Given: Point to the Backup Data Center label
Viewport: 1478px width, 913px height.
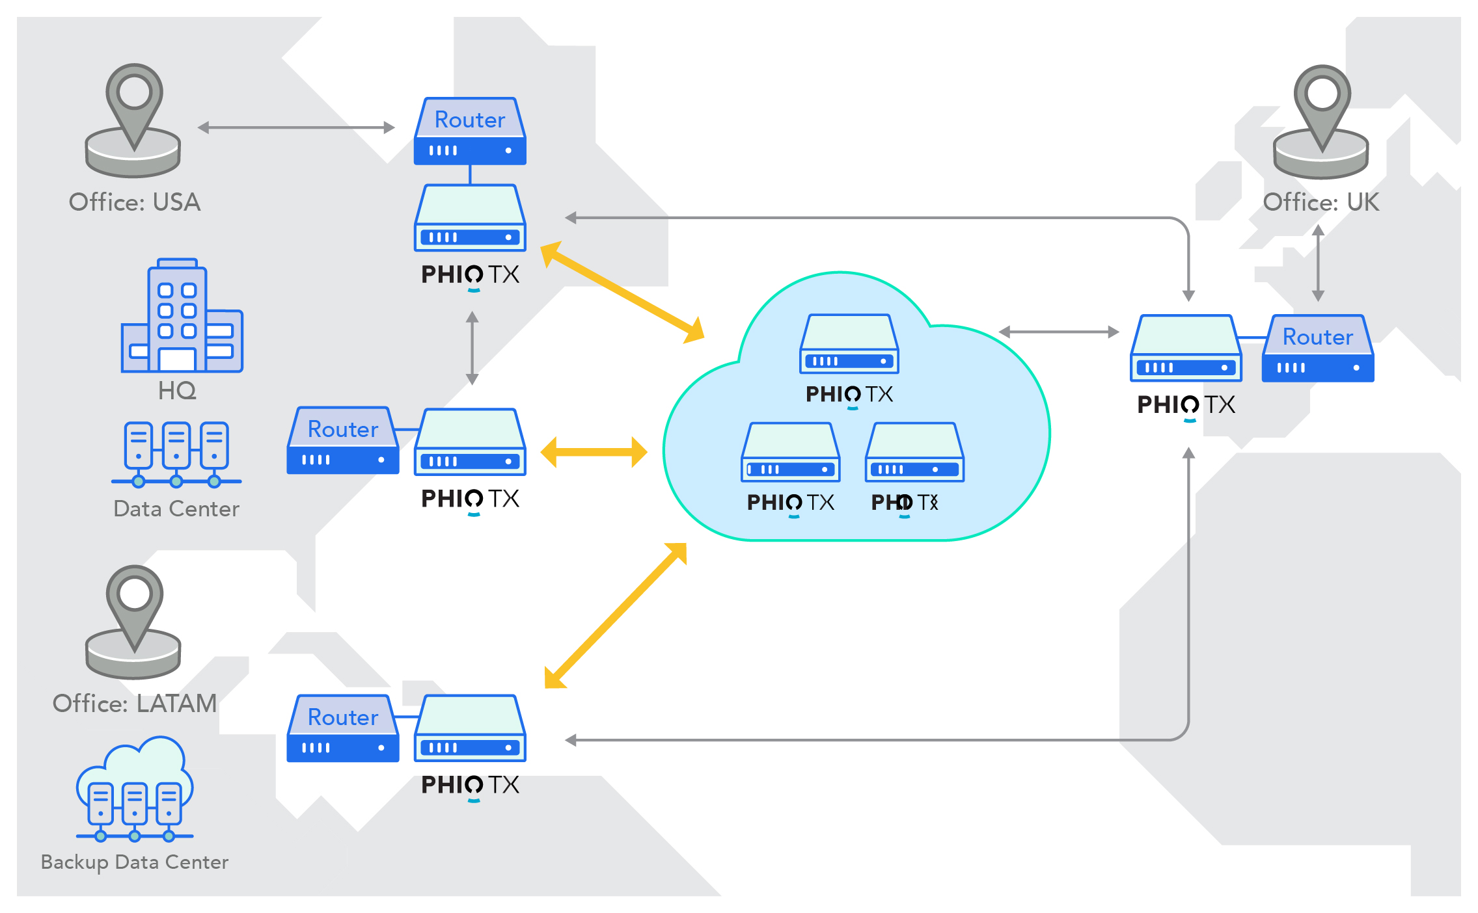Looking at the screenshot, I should point(135,862).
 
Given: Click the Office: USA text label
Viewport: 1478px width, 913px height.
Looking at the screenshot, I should point(135,202).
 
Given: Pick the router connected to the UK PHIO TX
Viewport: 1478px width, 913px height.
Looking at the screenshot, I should point(1318,349).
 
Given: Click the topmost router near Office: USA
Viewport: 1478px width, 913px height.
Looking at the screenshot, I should point(470,131).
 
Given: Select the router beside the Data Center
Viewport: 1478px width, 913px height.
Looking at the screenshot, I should point(343,441).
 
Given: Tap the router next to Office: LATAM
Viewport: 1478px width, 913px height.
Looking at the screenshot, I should point(343,728).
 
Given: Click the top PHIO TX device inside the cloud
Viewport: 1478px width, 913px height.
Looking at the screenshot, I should point(849,344).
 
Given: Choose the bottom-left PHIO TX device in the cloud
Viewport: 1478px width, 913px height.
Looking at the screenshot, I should point(791,453).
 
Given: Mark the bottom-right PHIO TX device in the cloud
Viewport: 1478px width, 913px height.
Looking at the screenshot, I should point(914,453).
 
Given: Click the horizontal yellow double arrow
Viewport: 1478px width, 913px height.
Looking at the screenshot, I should point(594,452).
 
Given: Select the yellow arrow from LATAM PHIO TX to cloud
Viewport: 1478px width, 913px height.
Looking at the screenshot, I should point(616,615).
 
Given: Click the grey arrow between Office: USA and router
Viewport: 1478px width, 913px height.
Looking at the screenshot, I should point(296,127).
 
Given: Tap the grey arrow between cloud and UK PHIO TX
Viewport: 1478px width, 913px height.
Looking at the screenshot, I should point(1059,332).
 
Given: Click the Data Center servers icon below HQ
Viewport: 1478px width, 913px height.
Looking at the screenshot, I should point(176,454).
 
